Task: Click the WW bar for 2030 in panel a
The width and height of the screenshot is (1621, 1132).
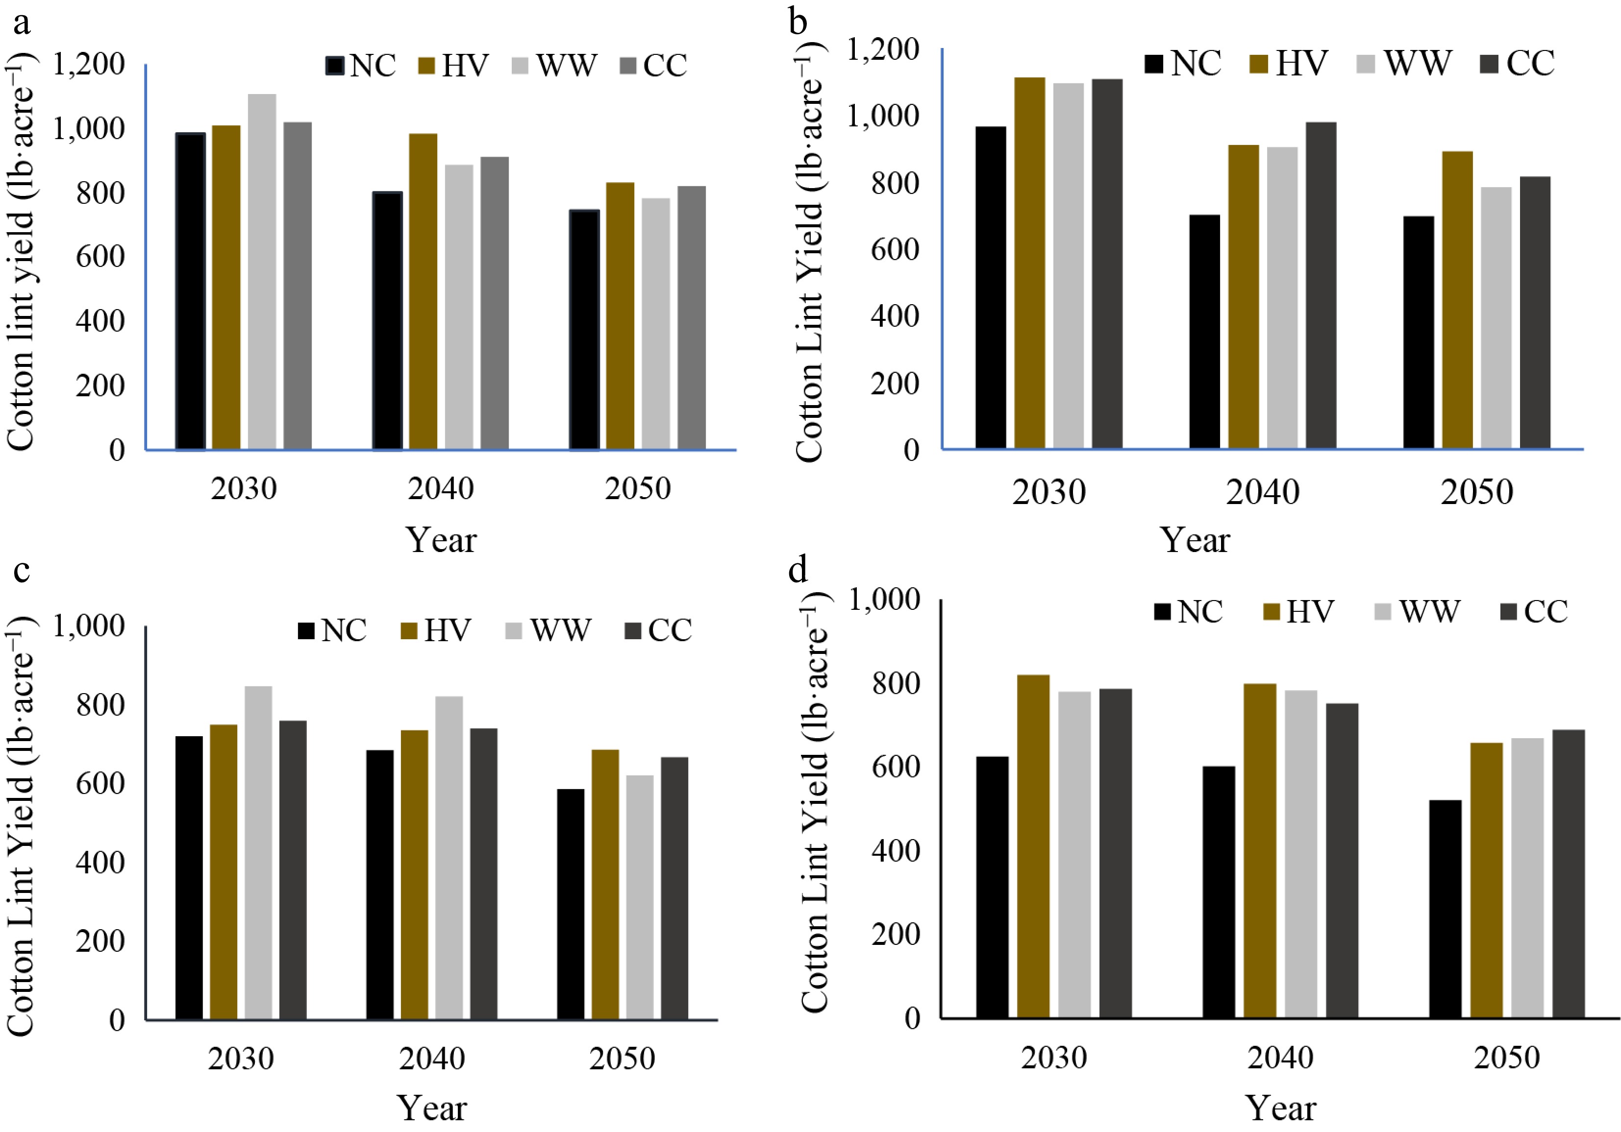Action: (x=262, y=272)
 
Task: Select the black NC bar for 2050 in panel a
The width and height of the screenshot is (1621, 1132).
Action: (x=585, y=330)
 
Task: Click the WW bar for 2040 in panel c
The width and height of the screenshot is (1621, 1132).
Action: (x=449, y=858)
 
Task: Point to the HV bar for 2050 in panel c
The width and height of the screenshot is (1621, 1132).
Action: (x=605, y=884)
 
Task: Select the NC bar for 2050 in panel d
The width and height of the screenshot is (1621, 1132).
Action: (x=1445, y=909)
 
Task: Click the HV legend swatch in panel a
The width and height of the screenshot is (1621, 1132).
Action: (x=428, y=66)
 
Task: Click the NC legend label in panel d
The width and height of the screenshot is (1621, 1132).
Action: (x=1199, y=611)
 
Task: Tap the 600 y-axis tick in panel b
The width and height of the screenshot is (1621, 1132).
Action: (x=895, y=250)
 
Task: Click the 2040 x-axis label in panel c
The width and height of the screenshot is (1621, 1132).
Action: (x=431, y=1059)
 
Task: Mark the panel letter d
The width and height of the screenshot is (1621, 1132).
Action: (x=798, y=569)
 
